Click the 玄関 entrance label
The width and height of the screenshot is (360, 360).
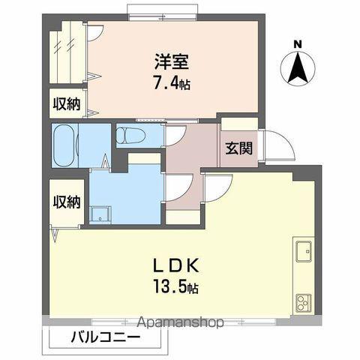click(x=238, y=148)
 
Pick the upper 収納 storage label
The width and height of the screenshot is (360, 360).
click(x=66, y=103)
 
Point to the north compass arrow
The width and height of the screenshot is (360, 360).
click(x=298, y=70)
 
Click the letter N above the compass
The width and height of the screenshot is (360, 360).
click(x=298, y=43)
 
